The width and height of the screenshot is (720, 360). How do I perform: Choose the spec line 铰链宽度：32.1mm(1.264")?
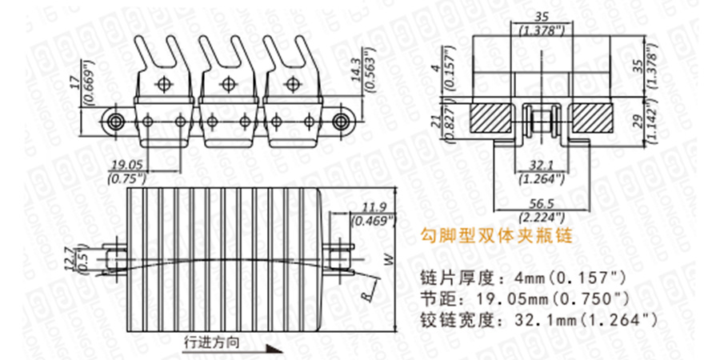538,320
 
